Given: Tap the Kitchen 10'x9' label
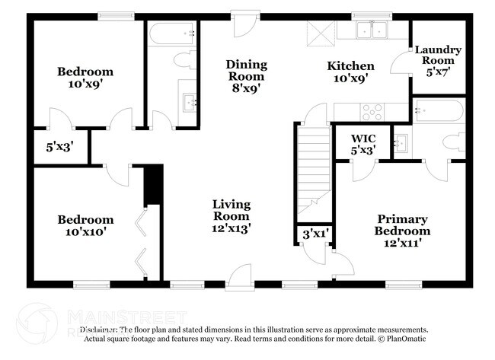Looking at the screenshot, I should pyautogui.click(x=350, y=72).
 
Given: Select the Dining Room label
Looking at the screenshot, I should pyautogui.click(x=244, y=76).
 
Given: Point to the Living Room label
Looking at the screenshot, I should pyautogui.click(x=231, y=215).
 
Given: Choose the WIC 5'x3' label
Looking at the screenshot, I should pyautogui.click(x=364, y=144).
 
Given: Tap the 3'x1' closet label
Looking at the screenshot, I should pyautogui.click(x=314, y=234).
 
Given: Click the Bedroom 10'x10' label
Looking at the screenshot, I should pyautogui.click(x=85, y=227).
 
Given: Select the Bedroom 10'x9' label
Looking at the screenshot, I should pyautogui.click(x=85, y=78).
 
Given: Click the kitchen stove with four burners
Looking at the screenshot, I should pyautogui.click(x=373, y=111).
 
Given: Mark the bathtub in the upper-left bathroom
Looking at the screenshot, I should pyautogui.click(x=171, y=33).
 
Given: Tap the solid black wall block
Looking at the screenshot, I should pyautogui.click(x=153, y=184).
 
